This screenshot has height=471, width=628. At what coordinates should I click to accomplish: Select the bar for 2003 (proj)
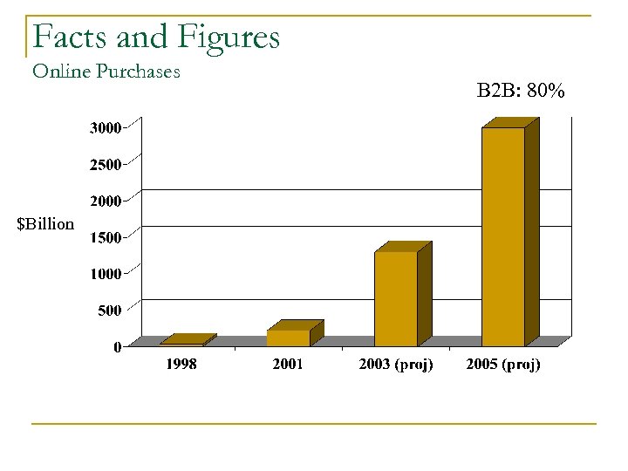396,298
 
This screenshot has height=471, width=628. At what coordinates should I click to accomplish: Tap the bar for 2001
289,338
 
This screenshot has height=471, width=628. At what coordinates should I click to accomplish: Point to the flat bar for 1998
182,342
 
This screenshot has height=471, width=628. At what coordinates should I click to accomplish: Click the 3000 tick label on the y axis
106,128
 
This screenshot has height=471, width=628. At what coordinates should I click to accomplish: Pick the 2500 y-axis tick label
106,165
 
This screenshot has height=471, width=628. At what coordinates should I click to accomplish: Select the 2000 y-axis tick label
106,201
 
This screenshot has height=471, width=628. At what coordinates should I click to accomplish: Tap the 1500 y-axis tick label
106,237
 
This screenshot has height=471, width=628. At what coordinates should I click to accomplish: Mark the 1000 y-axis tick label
106,274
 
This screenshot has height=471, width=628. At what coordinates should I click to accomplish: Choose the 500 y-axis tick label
108,311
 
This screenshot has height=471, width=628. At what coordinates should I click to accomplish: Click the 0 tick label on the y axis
117,347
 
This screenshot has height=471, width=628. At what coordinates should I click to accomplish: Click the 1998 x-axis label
181,365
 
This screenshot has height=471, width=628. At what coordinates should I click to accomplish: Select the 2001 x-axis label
288,365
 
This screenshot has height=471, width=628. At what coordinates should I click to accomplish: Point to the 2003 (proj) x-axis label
396,365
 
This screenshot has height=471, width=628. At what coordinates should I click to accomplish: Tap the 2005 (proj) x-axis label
503,365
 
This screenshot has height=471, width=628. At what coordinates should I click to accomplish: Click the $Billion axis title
45,224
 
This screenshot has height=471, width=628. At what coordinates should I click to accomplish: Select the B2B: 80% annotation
521,90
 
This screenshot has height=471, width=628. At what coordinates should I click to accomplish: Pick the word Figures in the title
228,38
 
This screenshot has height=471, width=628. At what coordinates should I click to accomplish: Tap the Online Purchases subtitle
106,72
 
